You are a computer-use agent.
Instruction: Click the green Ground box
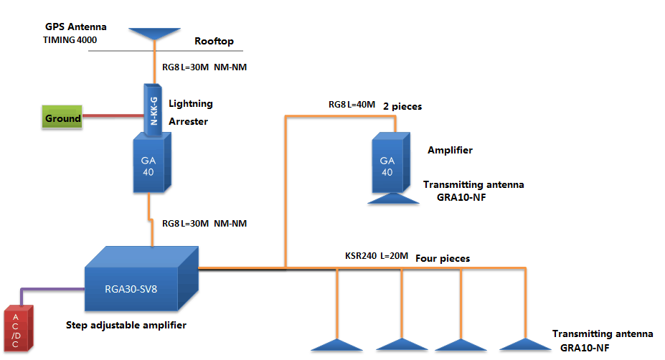(x=62, y=118)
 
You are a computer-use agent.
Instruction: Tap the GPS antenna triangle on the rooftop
(x=156, y=34)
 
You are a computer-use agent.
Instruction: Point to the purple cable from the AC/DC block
(x=50, y=289)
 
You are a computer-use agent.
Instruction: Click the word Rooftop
(x=214, y=42)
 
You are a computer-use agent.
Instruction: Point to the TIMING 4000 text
(x=70, y=40)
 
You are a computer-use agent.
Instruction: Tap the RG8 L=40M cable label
(x=352, y=105)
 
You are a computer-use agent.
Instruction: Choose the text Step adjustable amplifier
(x=126, y=325)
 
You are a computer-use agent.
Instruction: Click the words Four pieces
(x=443, y=257)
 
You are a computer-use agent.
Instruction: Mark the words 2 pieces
(x=402, y=105)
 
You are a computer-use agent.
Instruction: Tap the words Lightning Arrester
(x=190, y=112)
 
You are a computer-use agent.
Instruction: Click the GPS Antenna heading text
(x=75, y=27)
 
